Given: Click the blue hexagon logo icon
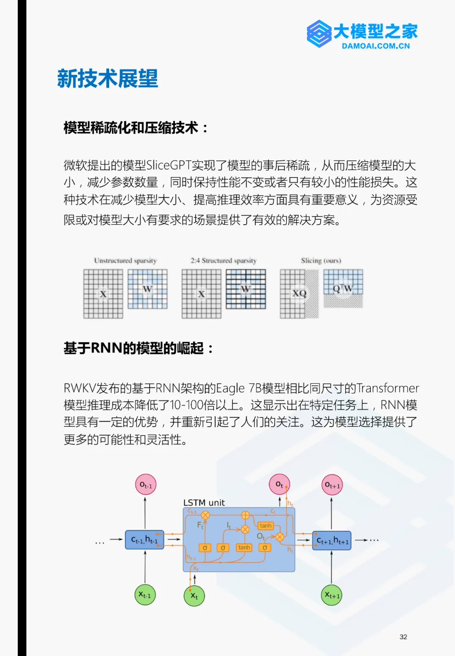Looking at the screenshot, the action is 319,34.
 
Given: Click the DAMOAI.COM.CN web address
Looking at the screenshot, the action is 375,46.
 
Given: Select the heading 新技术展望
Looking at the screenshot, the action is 107,79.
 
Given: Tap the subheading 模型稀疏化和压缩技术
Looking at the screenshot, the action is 131,127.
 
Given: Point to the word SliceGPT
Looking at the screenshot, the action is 169,165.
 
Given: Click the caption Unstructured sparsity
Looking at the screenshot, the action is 125,260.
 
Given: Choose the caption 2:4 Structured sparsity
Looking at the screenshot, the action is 223,260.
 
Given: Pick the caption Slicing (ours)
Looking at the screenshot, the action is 321,260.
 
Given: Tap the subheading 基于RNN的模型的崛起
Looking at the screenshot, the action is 134,348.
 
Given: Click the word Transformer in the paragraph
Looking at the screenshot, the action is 388,388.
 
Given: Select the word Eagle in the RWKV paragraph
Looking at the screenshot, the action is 230,388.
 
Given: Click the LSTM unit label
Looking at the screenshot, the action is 204,502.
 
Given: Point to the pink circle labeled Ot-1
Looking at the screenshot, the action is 145,485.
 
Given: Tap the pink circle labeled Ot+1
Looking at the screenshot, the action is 332,485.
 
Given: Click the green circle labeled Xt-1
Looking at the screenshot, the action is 145,595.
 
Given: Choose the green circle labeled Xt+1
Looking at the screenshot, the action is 332,595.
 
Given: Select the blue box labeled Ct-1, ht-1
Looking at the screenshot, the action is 145,540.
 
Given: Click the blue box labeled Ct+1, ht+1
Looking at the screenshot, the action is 332,541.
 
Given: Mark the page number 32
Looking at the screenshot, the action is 403,637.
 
